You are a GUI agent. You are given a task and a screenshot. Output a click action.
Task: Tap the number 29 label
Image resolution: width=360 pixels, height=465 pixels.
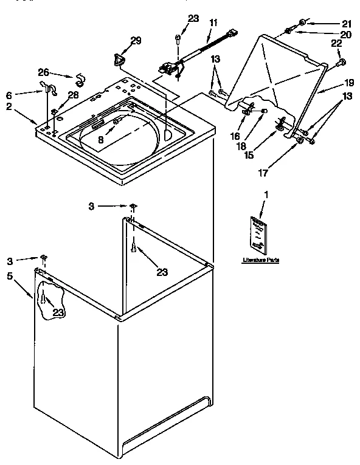tap(137, 41)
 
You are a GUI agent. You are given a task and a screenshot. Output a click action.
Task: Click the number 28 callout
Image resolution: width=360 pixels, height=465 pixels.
tap(73, 95)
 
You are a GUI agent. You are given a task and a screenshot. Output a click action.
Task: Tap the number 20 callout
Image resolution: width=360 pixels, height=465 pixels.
tap(345, 35)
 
